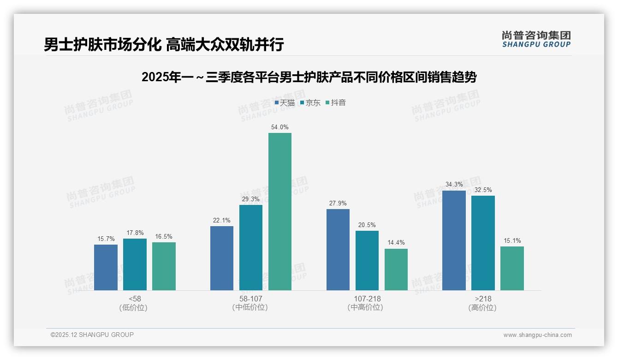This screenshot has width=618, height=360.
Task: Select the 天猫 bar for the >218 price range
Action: (x=454, y=240)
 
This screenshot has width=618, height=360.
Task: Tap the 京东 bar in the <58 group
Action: (x=135, y=264)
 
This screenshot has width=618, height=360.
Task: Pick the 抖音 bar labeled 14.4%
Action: (x=396, y=269)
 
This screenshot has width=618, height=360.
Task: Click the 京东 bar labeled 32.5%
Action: (x=483, y=243)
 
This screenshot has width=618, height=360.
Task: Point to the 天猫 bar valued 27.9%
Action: (x=338, y=249)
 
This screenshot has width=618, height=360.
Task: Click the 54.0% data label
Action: (x=280, y=127)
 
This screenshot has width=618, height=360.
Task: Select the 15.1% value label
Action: (x=512, y=240)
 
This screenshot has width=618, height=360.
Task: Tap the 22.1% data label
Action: (x=222, y=220)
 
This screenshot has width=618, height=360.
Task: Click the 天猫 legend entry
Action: (x=285, y=102)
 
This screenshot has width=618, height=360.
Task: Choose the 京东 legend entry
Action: (x=310, y=102)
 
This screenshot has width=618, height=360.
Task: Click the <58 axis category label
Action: (x=135, y=299)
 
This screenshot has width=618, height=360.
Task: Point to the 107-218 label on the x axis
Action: (x=367, y=299)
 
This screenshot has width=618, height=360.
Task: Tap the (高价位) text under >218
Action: (x=482, y=307)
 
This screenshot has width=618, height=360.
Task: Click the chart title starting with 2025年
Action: (x=309, y=77)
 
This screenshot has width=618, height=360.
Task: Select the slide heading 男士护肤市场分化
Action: (x=164, y=44)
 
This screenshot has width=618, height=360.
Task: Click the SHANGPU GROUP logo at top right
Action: (x=536, y=39)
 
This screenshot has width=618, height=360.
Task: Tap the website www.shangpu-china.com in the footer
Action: (x=537, y=335)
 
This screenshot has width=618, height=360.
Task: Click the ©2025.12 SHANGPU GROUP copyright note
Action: (x=92, y=335)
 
